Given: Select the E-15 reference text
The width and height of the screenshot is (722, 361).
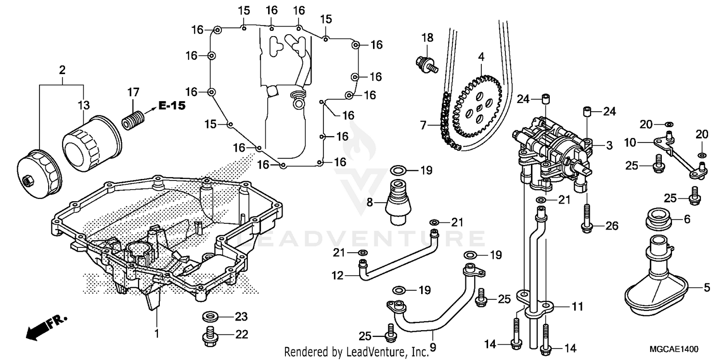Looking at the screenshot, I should pos(172,106).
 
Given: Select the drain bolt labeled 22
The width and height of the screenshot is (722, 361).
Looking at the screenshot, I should pos(209,335).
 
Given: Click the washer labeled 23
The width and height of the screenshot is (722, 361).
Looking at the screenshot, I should pos(210,317).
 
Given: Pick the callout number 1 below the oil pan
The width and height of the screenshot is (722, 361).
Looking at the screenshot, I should pos(156,333).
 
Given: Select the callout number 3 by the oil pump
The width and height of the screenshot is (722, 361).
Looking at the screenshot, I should pos(609,145).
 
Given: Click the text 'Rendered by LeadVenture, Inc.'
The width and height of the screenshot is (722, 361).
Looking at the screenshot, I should pos(356,351).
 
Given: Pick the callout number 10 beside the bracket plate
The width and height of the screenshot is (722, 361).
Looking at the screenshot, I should pos(630,143).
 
